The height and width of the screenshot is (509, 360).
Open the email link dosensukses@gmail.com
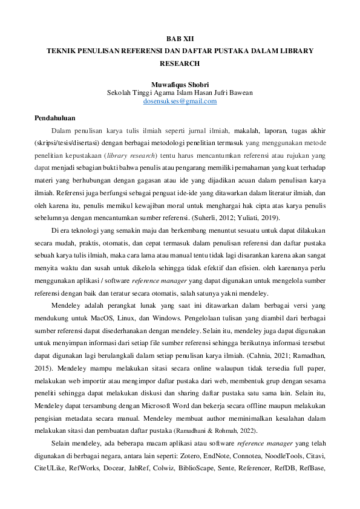[x=180, y=102]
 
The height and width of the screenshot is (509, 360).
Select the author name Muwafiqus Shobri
[x=180, y=85]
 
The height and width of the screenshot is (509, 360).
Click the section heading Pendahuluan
[x=54, y=118]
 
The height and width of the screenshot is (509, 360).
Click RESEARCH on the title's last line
[x=180, y=63]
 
